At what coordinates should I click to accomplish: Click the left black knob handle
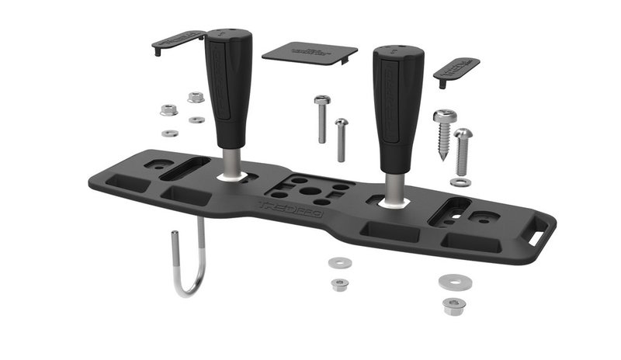tap(228, 85)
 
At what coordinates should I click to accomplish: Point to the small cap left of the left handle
tap(177, 40)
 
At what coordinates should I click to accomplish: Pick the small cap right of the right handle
tap(456, 71)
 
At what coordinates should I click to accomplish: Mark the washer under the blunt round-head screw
tap(460, 182)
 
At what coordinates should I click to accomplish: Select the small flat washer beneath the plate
tap(339, 263)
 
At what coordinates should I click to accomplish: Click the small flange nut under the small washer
tap(339, 284)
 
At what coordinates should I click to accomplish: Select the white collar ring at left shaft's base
tap(231, 178)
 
